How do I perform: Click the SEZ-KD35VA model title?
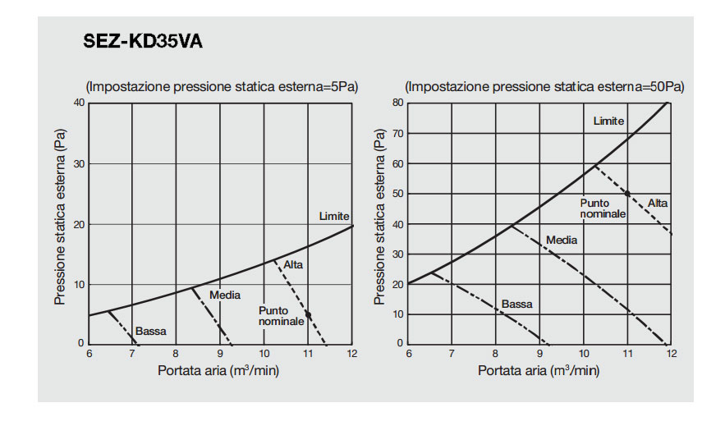coord(143,41)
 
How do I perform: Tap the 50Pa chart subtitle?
coord(544,86)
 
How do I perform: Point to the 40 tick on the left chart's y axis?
coord(80,103)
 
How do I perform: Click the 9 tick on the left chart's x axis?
coord(220,354)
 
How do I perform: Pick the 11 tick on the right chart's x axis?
coord(627,354)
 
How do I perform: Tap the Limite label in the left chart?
coord(334,216)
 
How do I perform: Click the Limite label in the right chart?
coord(608,121)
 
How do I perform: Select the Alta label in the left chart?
coord(293,264)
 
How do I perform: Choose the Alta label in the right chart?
coord(658,203)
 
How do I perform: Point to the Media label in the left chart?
coord(224,294)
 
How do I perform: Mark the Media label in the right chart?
coord(562,240)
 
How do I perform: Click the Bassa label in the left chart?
coord(151,332)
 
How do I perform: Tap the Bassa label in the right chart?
coord(517,304)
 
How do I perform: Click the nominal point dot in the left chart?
coord(308,314)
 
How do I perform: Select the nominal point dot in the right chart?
coord(628,194)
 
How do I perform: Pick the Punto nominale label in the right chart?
coord(603,208)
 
